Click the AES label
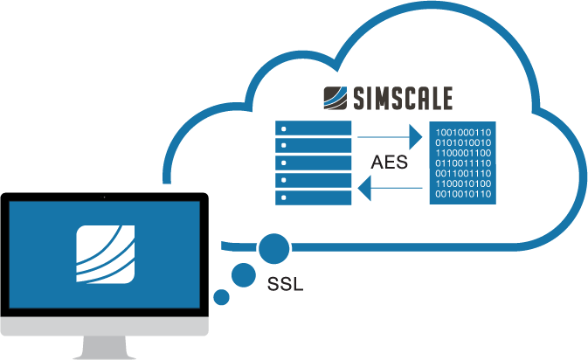[x=390, y=163]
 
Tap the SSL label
[x=284, y=285]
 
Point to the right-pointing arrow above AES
[x=389, y=136]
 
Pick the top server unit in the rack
[x=314, y=129]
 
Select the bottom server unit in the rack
[x=314, y=197]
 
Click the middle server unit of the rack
[x=314, y=163]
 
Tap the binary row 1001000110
[x=463, y=133]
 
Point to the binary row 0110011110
[x=463, y=163]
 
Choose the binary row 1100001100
[x=463, y=153]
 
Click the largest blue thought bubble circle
[x=273, y=248]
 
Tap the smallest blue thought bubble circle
[x=221, y=298]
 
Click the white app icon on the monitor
[x=105, y=255]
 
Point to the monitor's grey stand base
[x=104, y=350]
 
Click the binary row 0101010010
[x=463, y=143]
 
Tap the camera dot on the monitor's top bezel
[x=104, y=197]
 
